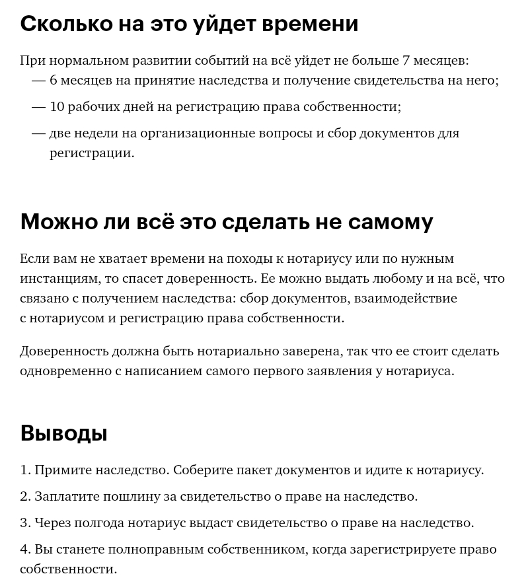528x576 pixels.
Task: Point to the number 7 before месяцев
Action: pyautogui.click(x=406, y=61)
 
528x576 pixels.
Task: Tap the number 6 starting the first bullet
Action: pyautogui.click(x=54, y=81)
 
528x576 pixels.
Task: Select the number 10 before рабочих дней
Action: pyautogui.click(x=57, y=107)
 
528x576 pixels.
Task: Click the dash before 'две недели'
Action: pyautogui.click(x=38, y=133)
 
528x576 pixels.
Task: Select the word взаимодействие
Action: pyautogui.click(x=405, y=299)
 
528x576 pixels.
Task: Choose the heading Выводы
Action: pyautogui.click(x=63, y=433)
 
